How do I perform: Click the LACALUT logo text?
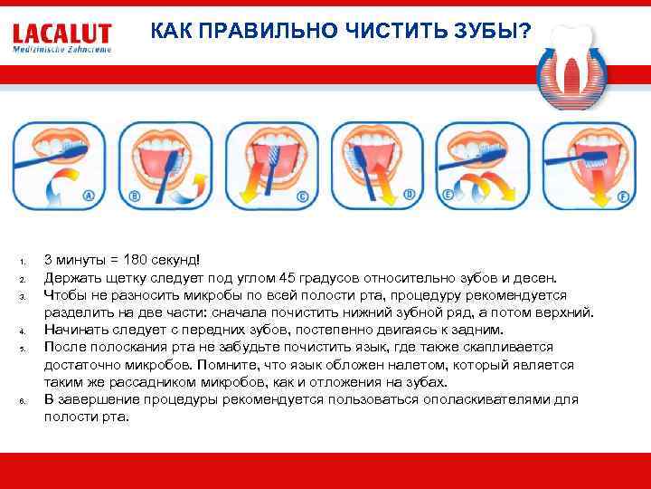pyautogui.click(x=62, y=34)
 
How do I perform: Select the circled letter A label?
pyautogui.click(x=89, y=195)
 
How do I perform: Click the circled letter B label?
pyautogui.click(x=135, y=195)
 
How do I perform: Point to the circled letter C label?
pyautogui.click(x=302, y=195)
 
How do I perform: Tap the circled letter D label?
pyautogui.click(x=409, y=193)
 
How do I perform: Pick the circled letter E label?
pyautogui.click(x=448, y=194)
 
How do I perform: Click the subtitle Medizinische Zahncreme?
pyautogui.click(x=62, y=51)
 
